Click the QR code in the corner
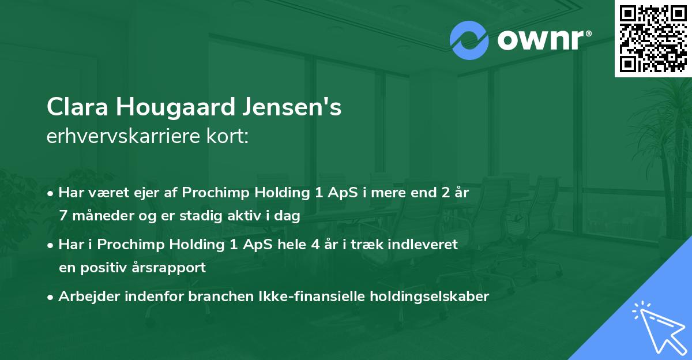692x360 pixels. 653,38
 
